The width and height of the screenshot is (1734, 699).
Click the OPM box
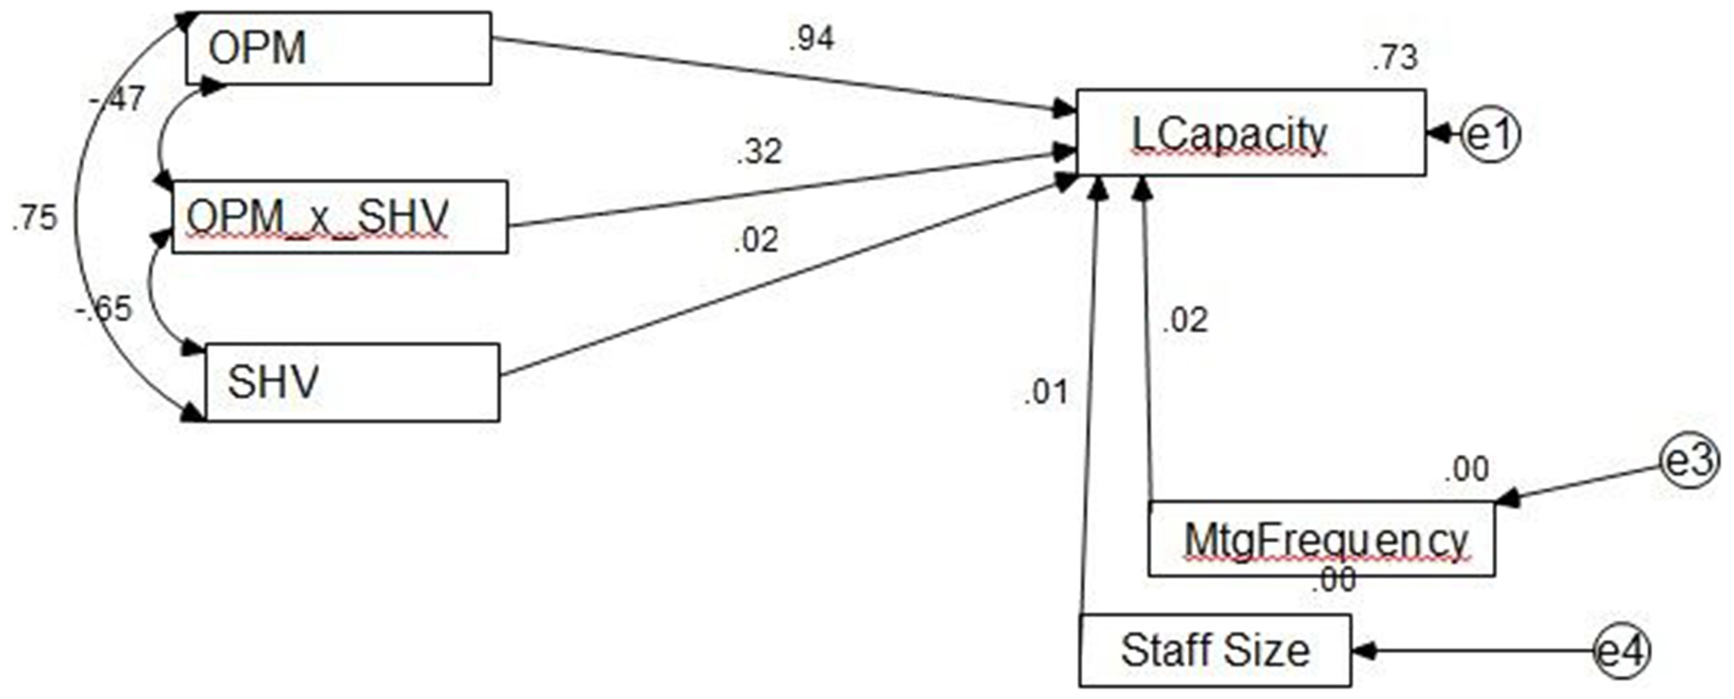(x=338, y=49)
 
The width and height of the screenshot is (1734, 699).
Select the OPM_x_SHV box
(x=339, y=217)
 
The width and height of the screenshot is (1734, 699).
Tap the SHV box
(x=352, y=382)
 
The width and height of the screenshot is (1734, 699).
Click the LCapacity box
(x=1250, y=132)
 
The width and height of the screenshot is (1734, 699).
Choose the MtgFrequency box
(x=1321, y=539)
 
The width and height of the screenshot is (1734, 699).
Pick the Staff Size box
(x=1214, y=650)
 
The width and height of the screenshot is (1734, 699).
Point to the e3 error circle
(x=1690, y=461)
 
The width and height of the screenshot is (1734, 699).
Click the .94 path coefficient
(x=811, y=39)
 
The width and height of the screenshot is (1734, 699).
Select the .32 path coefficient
(x=759, y=151)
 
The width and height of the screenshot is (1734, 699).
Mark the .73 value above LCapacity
(x=1395, y=58)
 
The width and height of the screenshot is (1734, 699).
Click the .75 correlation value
(x=34, y=218)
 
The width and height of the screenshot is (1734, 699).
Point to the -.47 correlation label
(x=117, y=99)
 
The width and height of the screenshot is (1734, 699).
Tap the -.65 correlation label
(x=104, y=309)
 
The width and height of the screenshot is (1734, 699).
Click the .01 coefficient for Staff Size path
(x=1046, y=392)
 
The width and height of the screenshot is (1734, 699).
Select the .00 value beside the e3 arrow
(x=1466, y=469)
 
